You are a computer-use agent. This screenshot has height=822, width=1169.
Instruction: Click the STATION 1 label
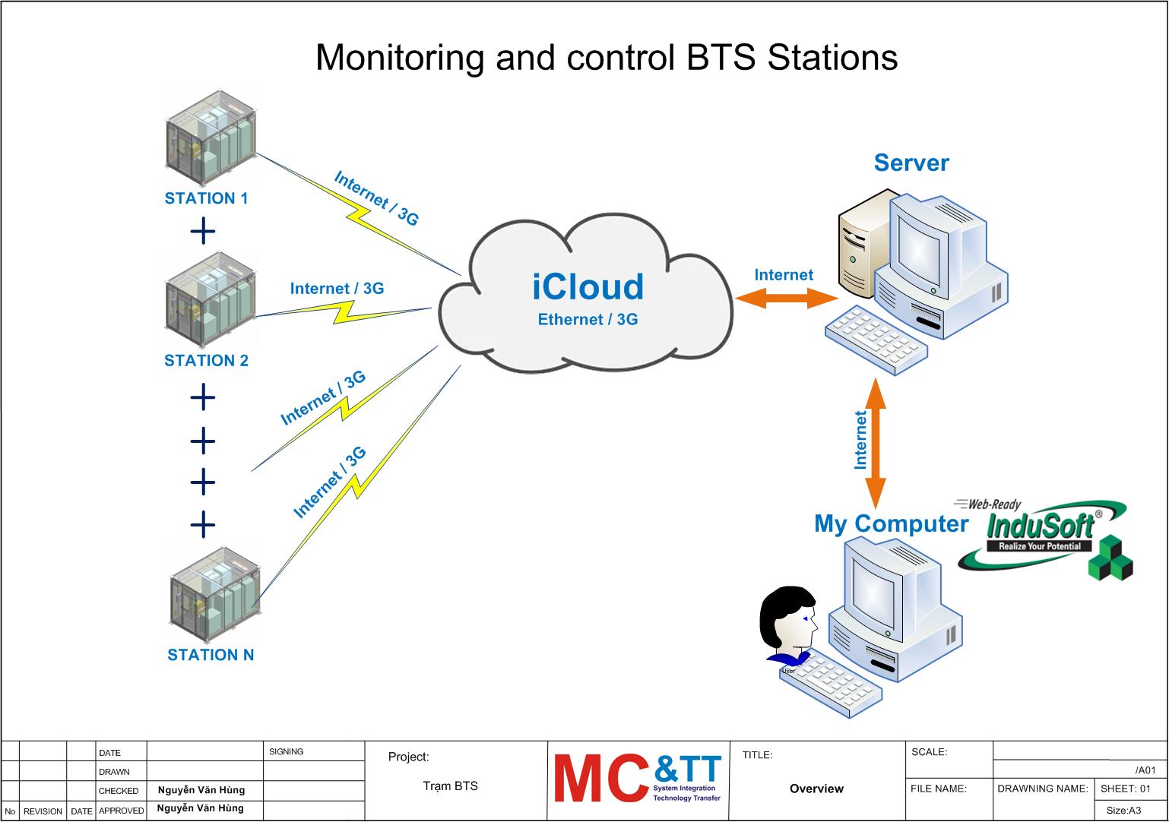[206, 198]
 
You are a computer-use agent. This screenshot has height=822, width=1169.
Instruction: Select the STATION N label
[211, 655]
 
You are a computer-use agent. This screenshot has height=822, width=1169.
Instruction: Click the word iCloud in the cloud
[588, 287]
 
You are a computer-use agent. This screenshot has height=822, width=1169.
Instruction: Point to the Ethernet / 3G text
[588, 320]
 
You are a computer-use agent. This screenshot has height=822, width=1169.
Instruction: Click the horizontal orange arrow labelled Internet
[785, 299]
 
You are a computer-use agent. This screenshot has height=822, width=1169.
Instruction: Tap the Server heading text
[911, 163]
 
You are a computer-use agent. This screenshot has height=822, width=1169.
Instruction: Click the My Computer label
[891, 523]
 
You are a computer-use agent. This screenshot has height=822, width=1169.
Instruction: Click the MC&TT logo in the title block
[638, 778]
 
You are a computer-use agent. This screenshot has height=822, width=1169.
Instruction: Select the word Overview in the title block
[816, 789]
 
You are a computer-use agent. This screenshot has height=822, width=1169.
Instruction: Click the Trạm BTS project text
[450, 786]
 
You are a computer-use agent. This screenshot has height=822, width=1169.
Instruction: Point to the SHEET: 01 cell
[1126, 789]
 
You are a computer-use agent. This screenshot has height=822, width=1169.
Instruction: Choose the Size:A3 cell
[1123, 811]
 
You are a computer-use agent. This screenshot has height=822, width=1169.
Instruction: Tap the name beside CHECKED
[201, 790]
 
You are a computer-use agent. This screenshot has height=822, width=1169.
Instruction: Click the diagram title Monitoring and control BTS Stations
[607, 57]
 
